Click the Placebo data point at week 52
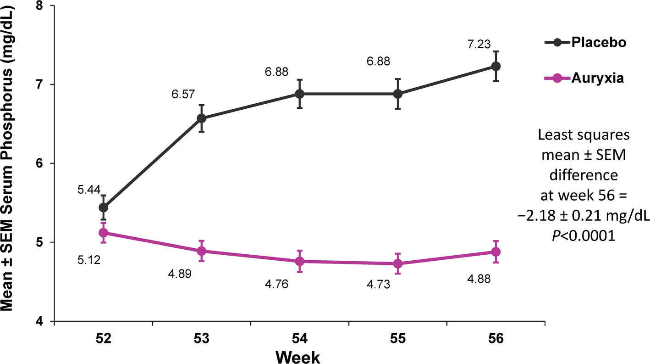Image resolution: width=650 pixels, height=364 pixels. click(x=103, y=207)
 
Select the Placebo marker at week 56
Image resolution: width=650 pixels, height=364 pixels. click(x=496, y=66)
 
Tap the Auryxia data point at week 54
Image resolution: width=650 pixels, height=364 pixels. click(x=299, y=261)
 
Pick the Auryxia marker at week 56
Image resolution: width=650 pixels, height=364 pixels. click(x=496, y=252)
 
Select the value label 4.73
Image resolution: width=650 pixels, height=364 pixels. click(x=378, y=285)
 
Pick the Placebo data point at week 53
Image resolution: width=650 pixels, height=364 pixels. click(x=201, y=118)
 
